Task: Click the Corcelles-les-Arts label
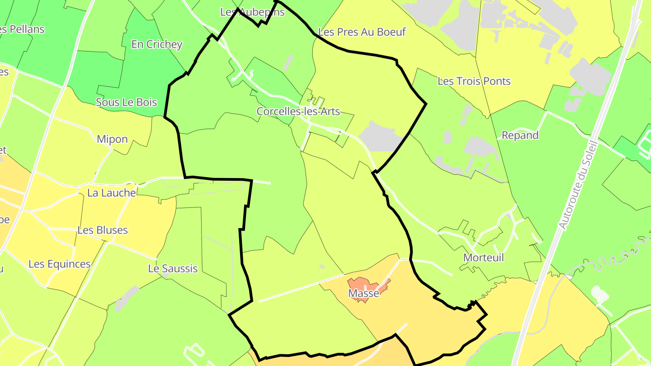click(298, 111)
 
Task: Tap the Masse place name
click(363, 293)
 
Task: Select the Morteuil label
click(483, 258)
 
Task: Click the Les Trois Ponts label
click(474, 81)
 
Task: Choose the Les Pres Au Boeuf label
click(362, 32)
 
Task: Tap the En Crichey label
click(156, 44)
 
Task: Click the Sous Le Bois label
click(126, 102)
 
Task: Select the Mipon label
click(112, 139)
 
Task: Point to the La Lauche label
click(111, 193)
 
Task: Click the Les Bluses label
click(103, 230)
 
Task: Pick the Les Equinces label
click(59, 264)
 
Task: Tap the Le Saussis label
click(173, 269)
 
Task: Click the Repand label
click(520, 136)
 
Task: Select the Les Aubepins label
click(252, 12)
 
